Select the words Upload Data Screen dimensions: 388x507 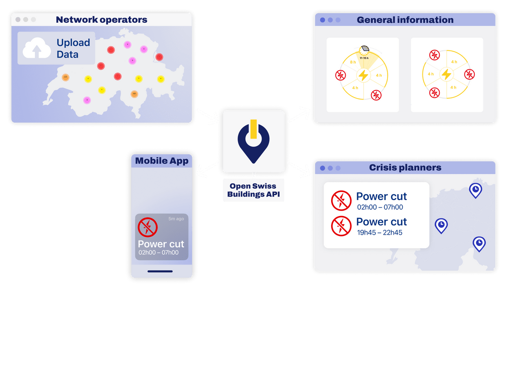tap(73, 49)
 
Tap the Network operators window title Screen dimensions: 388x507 tap(101, 20)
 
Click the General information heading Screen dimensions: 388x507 tap(405, 20)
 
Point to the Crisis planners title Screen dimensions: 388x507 tap(405, 167)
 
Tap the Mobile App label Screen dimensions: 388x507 tap(162, 161)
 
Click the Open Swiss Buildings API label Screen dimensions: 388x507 tap(253, 190)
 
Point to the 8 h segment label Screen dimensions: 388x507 tap(353, 62)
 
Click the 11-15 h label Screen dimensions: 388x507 tap(364, 58)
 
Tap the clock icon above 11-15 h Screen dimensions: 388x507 tap(364, 50)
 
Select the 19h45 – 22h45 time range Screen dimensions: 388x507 tap(379, 233)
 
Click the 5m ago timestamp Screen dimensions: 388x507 tap(176, 219)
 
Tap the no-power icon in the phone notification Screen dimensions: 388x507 tap(148, 227)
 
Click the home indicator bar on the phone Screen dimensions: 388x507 tap(160, 271)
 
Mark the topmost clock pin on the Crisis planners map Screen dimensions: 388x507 tap(475, 190)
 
